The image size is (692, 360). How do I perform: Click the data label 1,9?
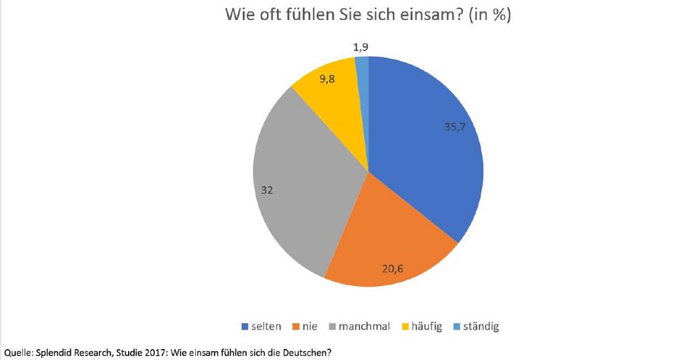[x=361, y=47]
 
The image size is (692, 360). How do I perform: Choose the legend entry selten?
[x=261, y=326]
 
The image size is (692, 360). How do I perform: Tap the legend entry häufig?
[x=426, y=326]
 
